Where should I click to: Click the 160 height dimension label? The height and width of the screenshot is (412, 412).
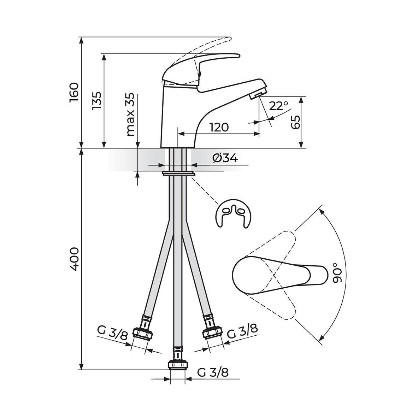[x=74, y=93]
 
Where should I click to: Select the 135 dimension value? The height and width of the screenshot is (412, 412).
[x=96, y=101]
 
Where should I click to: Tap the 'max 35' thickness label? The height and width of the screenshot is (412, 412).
[x=130, y=114]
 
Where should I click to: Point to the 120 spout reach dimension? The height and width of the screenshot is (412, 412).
[x=219, y=128]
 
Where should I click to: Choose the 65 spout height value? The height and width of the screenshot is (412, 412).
[x=296, y=122]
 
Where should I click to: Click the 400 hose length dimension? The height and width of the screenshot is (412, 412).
[x=74, y=259]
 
